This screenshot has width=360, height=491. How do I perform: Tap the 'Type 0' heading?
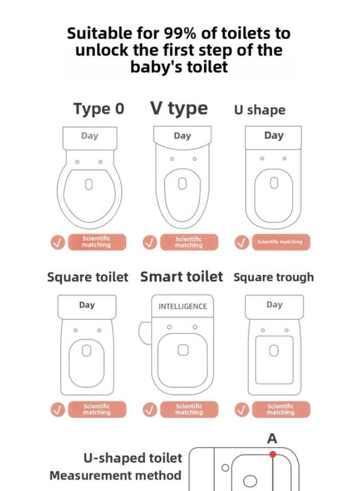click(x=99, y=109)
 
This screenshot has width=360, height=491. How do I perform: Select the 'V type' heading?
click(x=179, y=109)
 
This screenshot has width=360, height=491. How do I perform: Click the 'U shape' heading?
click(x=260, y=110)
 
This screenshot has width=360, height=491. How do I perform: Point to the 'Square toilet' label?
click(x=88, y=277)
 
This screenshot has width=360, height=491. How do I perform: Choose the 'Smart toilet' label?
click(x=182, y=277)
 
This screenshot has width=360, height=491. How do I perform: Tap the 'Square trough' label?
click(x=273, y=277)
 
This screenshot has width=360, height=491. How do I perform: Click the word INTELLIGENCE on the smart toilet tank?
click(x=183, y=307)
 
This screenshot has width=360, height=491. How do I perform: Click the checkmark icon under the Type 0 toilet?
click(x=58, y=242)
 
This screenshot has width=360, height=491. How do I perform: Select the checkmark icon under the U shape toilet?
click(x=242, y=242)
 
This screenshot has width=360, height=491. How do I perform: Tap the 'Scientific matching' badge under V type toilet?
click(x=188, y=242)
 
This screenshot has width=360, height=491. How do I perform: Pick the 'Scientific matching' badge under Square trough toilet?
click(x=280, y=410)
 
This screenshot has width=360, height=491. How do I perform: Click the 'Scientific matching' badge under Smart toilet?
click(x=188, y=410)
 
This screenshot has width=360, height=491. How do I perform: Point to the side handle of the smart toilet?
click(x=145, y=332)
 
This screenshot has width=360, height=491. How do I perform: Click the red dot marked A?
click(x=272, y=454)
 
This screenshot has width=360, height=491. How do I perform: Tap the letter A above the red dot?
click(x=272, y=439)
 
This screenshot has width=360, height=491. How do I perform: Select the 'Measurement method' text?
click(x=115, y=475)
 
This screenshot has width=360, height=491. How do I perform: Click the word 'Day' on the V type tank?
click(x=182, y=136)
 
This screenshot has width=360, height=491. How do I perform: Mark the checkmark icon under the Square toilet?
click(x=58, y=410)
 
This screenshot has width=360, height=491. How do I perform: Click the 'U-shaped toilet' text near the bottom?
click(x=133, y=457)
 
